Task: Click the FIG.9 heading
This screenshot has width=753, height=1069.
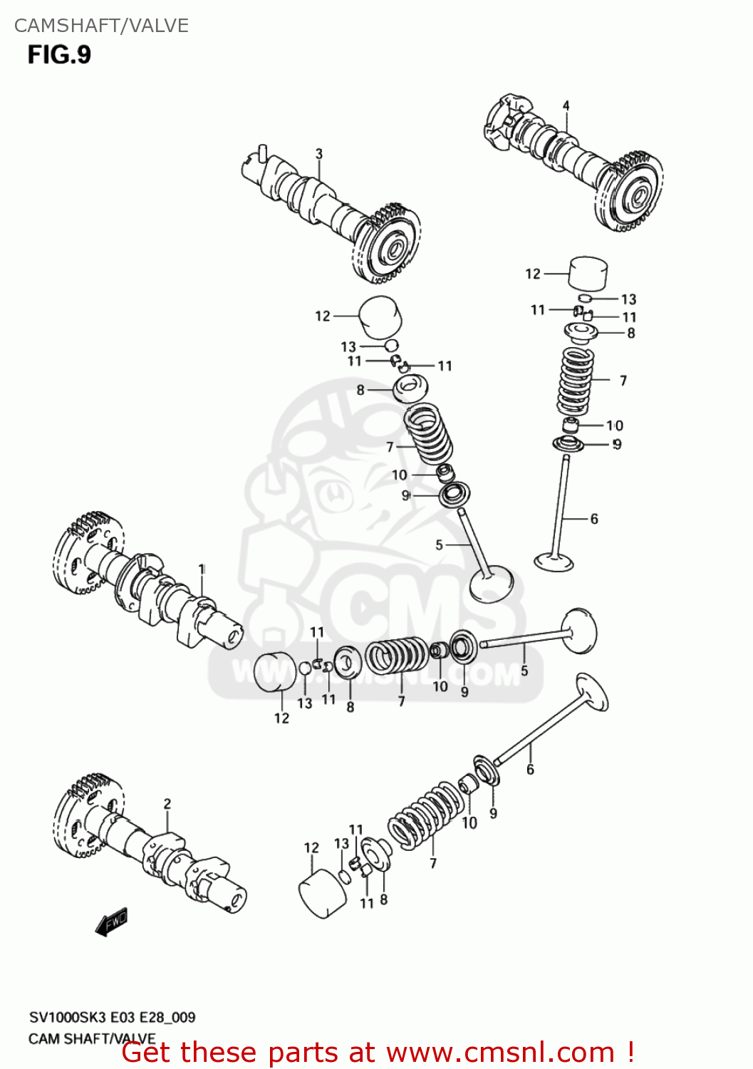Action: tap(60, 55)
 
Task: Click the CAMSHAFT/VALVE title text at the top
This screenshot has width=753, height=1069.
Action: tap(101, 26)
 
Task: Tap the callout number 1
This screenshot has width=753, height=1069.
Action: tap(202, 569)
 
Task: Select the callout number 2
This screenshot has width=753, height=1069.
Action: tap(167, 804)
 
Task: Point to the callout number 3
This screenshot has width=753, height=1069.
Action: tap(319, 154)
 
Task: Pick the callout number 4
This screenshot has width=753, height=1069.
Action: tap(566, 106)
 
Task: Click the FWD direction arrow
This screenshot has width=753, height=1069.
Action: tap(111, 922)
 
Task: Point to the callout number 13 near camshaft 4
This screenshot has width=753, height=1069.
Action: tap(628, 299)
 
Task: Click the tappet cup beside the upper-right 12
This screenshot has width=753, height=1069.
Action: tap(588, 274)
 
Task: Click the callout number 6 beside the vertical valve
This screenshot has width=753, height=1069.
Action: tap(594, 519)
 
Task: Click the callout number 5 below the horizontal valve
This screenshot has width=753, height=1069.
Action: tap(524, 671)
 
